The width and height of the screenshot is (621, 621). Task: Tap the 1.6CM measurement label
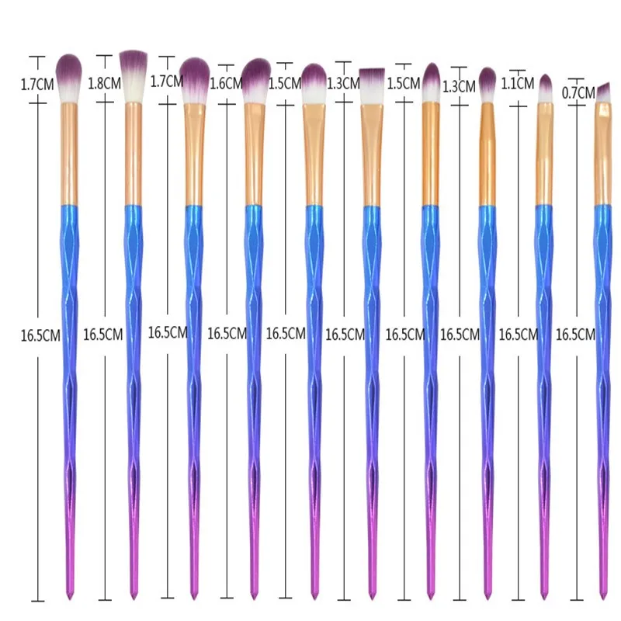[x=225, y=84]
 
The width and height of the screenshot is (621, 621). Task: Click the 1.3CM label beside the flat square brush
[x=342, y=82]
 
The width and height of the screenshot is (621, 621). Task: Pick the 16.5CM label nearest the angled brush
[x=575, y=335]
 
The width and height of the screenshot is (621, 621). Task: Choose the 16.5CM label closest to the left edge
[x=40, y=335]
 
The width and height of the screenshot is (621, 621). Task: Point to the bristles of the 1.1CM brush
[x=545, y=90]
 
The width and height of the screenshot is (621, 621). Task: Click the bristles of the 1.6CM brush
[x=255, y=79]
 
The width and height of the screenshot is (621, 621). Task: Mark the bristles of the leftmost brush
[x=70, y=76]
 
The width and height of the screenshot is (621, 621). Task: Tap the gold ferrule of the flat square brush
[x=373, y=155]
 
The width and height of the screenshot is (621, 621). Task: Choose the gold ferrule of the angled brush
[x=603, y=155]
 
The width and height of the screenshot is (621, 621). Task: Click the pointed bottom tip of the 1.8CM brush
[x=132, y=598]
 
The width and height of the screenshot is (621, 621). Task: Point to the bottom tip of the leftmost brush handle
[x=70, y=598]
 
